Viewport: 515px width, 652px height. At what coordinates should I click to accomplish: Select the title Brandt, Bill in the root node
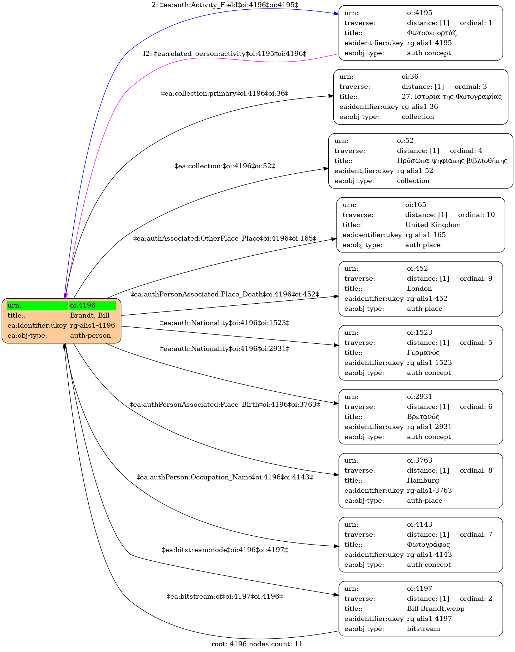point(90,315)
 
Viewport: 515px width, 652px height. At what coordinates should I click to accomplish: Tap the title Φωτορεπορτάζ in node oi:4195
point(432,33)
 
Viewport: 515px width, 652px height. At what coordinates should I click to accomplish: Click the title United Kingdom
point(433,225)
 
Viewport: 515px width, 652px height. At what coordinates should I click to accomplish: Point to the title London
point(420,289)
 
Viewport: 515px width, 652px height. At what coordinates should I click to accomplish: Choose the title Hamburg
point(423,480)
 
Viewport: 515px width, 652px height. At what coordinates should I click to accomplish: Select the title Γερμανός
point(423,353)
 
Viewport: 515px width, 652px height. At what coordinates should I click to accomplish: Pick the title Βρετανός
point(423,417)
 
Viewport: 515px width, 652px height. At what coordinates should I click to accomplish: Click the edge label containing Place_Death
point(225,294)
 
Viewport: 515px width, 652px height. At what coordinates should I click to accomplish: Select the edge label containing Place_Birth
point(225,405)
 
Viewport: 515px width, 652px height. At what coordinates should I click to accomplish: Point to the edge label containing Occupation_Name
point(225,477)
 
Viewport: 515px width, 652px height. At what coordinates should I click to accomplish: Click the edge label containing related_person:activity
point(225,54)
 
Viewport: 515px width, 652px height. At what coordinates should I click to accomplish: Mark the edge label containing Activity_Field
point(225,5)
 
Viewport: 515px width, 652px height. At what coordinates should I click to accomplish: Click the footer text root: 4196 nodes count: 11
point(257,644)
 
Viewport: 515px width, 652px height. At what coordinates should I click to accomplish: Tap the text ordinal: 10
point(476,215)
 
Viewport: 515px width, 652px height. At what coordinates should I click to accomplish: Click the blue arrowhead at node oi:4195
point(336,14)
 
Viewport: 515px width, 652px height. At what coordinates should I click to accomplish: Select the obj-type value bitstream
point(423,629)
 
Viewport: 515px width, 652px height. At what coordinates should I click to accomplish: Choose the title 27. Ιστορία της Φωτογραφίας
point(452,97)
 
